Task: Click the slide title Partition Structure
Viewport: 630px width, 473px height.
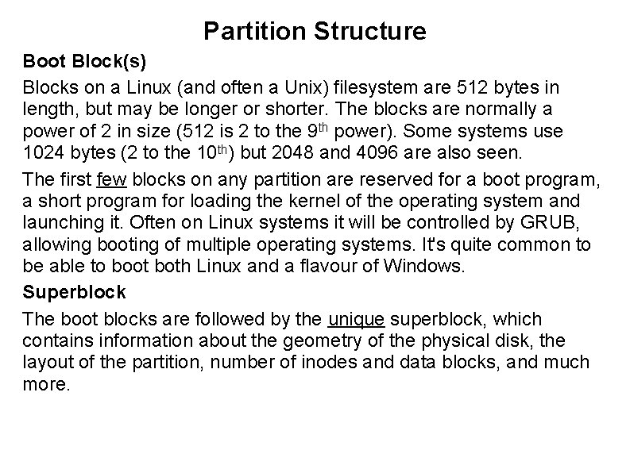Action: [x=315, y=31]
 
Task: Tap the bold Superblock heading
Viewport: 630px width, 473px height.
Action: [x=74, y=292]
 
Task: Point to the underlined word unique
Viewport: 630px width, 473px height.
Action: [x=357, y=319]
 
